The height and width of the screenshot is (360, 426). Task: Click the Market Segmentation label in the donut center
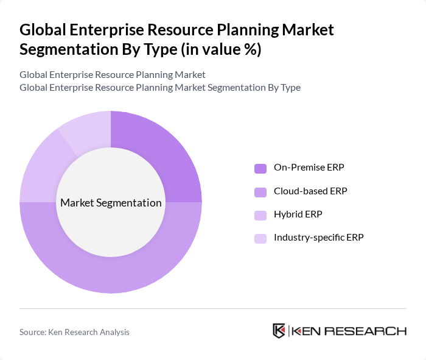(x=111, y=203)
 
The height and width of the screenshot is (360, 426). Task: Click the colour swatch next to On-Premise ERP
(x=260, y=168)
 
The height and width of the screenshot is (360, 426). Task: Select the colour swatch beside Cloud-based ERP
(x=260, y=191)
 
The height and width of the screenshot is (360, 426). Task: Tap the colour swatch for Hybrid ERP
(x=260, y=214)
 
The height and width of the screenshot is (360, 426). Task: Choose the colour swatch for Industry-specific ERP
(x=260, y=238)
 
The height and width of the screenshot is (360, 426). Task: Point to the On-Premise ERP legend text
(x=304, y=168)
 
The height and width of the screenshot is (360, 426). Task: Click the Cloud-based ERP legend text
(x=310, y=191)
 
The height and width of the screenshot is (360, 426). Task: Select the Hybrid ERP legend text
(x=298, y=214)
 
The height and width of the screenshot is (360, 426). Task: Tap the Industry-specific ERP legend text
(x=318, y=238)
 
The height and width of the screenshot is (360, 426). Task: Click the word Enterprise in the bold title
(x=96, y=29)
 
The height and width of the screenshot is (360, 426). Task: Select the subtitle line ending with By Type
(x=160, y=88)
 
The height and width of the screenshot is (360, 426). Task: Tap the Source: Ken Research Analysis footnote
(x=74, y=332)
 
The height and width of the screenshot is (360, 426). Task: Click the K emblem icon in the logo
(x=279, y=331)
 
